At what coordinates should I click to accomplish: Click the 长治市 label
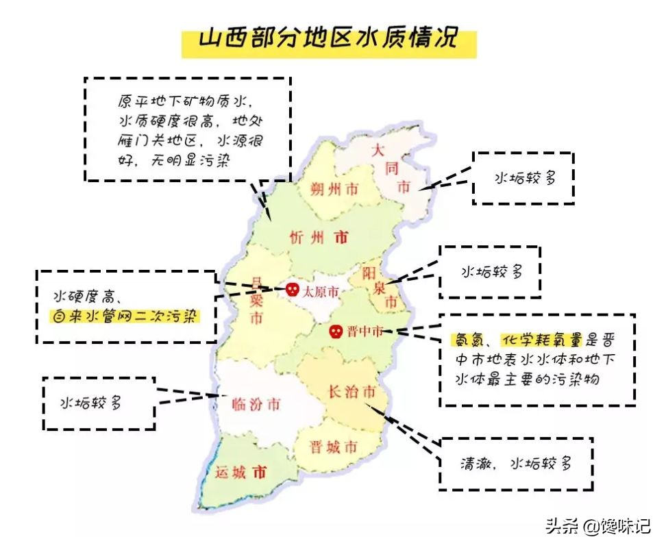351,392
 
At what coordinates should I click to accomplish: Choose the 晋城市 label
333,448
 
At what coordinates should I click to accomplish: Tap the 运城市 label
240,473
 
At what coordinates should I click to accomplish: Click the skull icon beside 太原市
292,290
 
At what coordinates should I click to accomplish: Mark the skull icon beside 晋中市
336,332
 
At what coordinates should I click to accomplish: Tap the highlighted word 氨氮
464,340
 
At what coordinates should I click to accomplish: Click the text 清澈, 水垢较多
515,464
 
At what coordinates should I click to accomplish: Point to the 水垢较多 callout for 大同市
524,178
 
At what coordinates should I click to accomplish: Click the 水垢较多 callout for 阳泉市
491,272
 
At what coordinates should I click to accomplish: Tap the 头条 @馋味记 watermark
597,527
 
